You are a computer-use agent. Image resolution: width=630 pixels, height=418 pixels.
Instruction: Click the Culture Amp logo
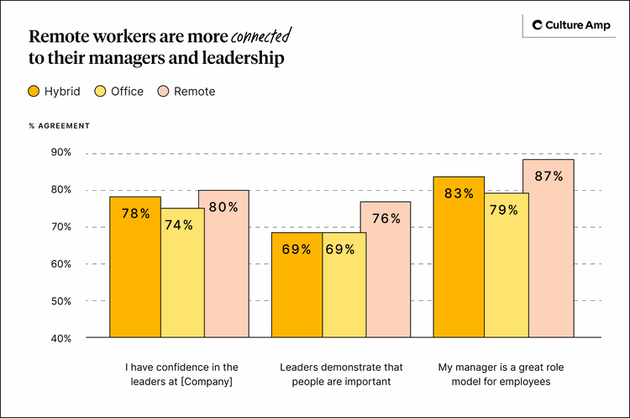tap(568, 25)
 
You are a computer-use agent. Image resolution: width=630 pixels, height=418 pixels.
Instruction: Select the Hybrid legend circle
tap(34, 91)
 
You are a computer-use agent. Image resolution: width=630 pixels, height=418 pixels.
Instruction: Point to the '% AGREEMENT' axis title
tap(59, 125)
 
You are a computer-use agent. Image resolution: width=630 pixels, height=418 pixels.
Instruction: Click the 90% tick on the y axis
tap(60, 152)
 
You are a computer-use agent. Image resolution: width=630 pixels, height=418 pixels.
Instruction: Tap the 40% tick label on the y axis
tap(60, 338)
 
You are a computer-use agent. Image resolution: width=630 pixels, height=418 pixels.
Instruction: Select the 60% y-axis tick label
tap(60, 264)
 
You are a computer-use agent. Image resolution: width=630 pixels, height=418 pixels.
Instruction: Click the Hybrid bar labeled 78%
tap(135, 269)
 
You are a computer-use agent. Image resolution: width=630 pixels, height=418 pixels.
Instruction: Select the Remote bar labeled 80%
tap(223, 265)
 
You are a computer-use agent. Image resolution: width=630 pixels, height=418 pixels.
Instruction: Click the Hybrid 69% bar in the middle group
tap(297, 286)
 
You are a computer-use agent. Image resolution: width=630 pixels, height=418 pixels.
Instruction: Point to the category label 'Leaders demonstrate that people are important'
tap(341, 375)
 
